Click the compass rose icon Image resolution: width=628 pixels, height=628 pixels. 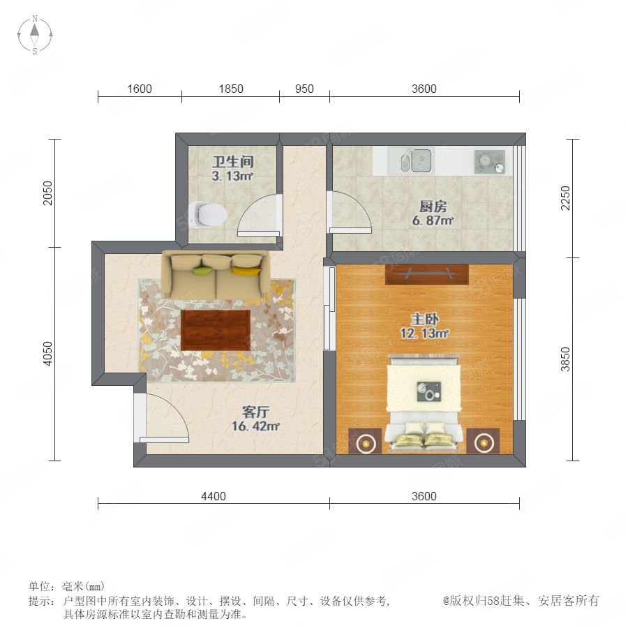pyautogui.click(x=35, y=34)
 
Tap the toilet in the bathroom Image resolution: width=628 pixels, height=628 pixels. pyautogui.click(x=208, y=214)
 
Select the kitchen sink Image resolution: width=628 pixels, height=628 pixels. pyautogui.click(x=417, y=160)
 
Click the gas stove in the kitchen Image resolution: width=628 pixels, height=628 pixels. pyautogui.click(x=489, y=162)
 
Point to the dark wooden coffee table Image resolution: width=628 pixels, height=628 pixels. pyautogui.click(x=216, y=330)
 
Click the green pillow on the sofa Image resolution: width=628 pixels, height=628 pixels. pyautogui.click(x=202, y=271)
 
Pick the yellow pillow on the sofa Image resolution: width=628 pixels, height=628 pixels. pyautogui.click(x=246, y=271)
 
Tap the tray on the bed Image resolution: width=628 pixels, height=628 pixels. pyautogui.click(x=429, y=391)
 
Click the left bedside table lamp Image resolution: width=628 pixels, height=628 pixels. pyautogui.click(x=365, y=443)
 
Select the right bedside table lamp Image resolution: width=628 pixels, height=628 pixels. pyautogui.click(x=483, y=443)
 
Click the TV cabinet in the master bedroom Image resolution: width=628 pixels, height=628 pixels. pyautogui.click(x=426, y=274)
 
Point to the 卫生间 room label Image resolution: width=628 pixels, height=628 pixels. pyautogui.click(x=233, y=162)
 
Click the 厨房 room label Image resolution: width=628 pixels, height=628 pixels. pyautogui.click(x=433, y=207)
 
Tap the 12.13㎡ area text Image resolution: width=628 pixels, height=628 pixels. pyautogui.click(x=424, y=334)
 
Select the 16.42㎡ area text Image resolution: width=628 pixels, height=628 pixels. pyautogui.click(x=255, y=426)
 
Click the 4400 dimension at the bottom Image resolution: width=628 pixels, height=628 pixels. pyautogui.click(x=214, y=496)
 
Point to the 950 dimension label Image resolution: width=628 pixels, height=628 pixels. pyautogui.click(x=304, y=89)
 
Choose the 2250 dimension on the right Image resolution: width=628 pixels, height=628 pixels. pyautogui.click(x=565, y=198)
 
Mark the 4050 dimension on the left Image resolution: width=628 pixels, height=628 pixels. pyautogui.click(x=47, y=354)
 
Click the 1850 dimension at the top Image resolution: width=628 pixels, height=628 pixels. pyautogui.click(x=231, y=89)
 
